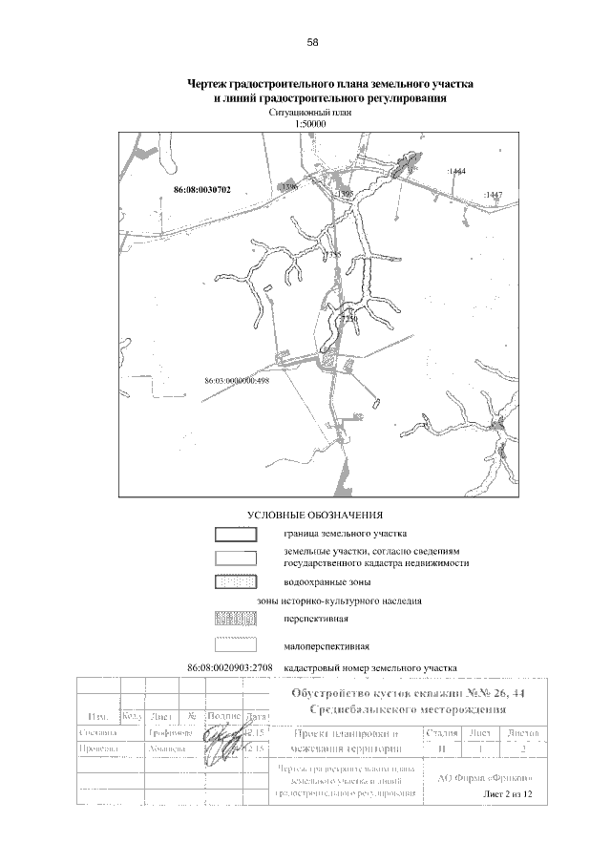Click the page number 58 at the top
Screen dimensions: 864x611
312,43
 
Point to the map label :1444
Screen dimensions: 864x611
455,171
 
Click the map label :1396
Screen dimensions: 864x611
290,188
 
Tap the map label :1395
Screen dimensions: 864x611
345,194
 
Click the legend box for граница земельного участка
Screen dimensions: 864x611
235,534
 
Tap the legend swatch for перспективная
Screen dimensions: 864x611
235,619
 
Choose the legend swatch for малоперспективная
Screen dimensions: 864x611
235,645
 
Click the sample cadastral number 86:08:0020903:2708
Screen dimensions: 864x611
230,665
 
